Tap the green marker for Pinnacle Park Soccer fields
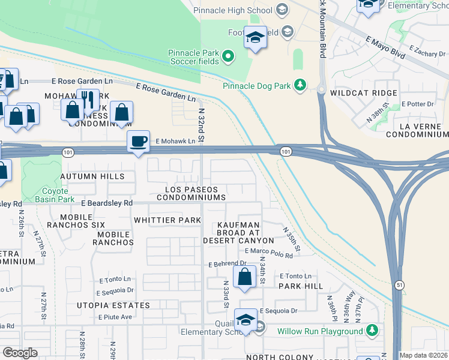228,58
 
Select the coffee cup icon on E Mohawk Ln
139,141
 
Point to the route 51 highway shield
399,286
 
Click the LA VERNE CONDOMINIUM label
417,131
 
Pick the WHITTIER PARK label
167,220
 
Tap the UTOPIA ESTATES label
113,305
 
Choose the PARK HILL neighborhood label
301,286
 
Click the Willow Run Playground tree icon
372,330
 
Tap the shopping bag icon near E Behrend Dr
244,277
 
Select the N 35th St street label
291,238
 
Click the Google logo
20,352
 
